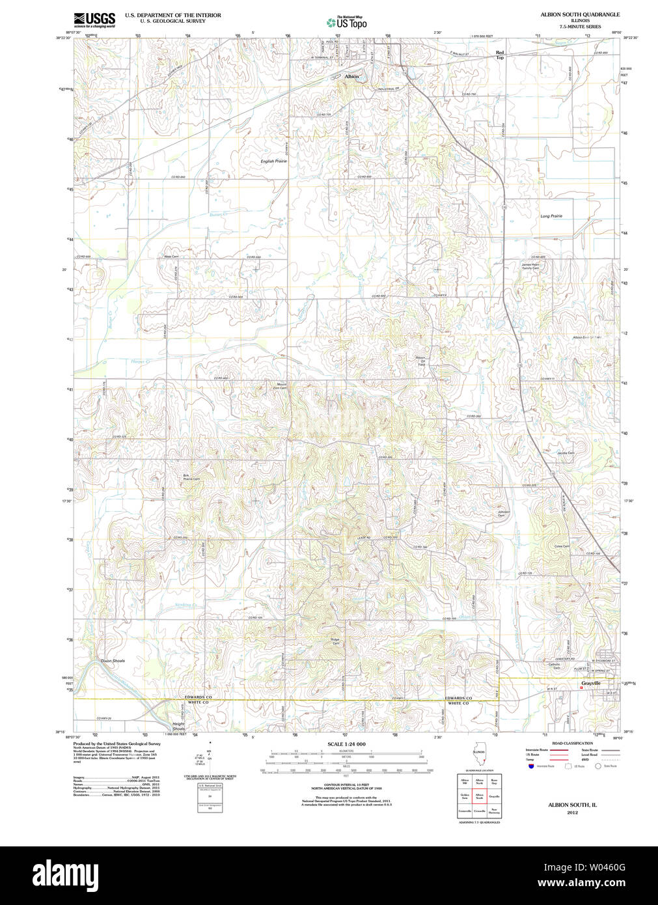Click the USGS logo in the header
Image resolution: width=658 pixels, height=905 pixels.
tap(94, 19)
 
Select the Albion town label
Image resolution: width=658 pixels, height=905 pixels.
tap(351, 77)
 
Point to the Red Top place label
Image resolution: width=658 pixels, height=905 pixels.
tap(500, 55)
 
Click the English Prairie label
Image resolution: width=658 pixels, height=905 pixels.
tap(273, 161)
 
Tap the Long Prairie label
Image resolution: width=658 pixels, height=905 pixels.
tap(551, 216)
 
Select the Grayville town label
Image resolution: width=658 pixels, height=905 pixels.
tap(590, 684)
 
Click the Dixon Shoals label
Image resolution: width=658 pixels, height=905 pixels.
tap(113, 661)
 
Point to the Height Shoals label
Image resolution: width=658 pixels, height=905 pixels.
tap(178, 727)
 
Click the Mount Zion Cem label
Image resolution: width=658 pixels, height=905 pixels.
tap(281, 385)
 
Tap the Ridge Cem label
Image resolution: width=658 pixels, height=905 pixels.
tap(336, 641)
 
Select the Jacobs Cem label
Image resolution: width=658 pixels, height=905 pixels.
tap(565, 452)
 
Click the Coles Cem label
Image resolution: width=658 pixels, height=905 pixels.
tap(562, 546)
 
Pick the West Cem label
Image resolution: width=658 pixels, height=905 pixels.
tap(171, 257)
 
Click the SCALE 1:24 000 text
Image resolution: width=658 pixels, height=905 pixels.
tap(346, 744)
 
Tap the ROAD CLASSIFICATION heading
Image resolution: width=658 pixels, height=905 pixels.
tap(572, 743)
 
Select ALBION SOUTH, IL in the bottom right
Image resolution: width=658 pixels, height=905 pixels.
tap(572, 805)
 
